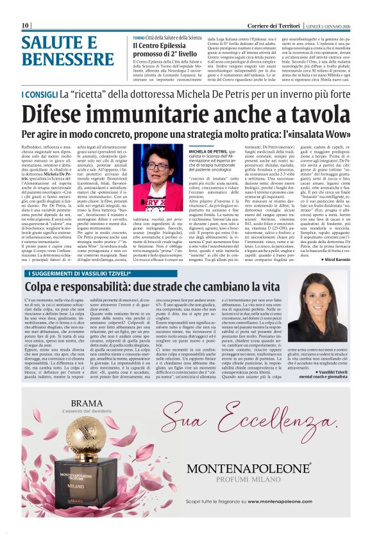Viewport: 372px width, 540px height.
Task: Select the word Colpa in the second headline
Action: tap(44, 287)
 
